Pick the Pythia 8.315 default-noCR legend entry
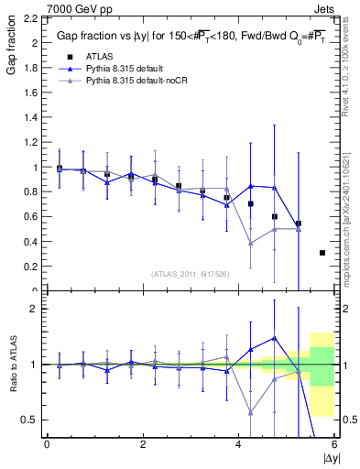tap(125, 82)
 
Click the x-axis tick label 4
tap(239, 443)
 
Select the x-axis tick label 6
tap(335, 443)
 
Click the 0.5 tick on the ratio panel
tap(33, 420)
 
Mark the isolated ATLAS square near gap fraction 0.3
tap(322, 253)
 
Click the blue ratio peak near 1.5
tap(274, 337)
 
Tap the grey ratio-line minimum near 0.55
tap(250, 412)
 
